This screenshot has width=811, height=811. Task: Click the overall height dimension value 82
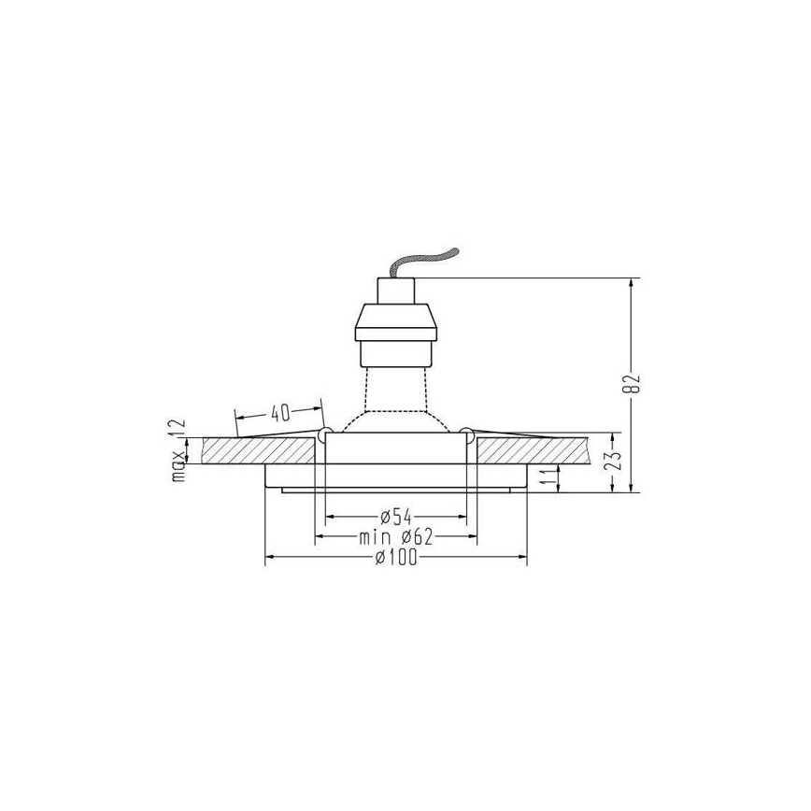coord(635,383)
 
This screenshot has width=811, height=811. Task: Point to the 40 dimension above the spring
coord(279,412)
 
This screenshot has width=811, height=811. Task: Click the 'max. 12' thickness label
coord(178,449)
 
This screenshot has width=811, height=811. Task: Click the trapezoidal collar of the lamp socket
coord(397,323)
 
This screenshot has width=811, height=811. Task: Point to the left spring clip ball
coord(324,434)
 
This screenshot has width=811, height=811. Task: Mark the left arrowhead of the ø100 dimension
coord(272,558)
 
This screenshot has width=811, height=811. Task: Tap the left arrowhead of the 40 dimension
coord(239,417)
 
